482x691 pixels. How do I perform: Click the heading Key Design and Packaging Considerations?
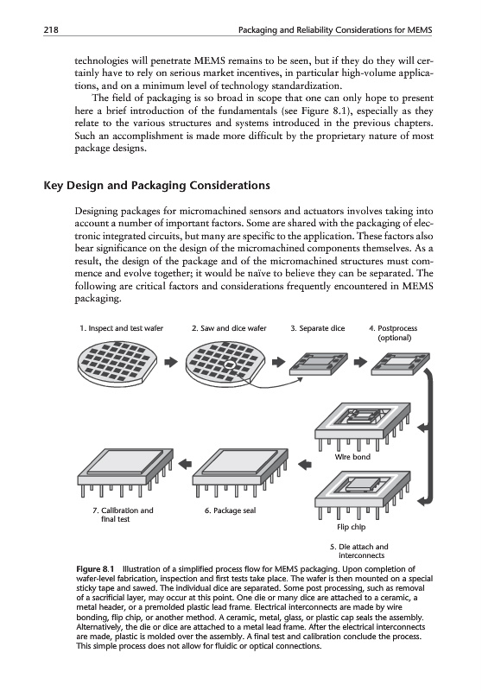(157, 186)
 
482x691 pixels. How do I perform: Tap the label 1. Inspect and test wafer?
(122, 328)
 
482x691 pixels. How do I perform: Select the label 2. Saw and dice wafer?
(229, 328)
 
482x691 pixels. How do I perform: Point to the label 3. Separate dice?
(318, 328)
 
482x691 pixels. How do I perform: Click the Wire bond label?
(352, 457)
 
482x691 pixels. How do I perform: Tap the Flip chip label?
(352, 527)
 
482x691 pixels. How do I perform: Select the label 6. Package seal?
(230, 510)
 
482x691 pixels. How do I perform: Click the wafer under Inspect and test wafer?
(117, 362)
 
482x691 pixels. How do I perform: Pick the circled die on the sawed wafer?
(229, 365)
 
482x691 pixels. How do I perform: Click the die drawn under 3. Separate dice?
(319, 364)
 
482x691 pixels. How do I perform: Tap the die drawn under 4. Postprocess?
(400, 364)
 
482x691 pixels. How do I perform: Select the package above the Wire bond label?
(363, 426)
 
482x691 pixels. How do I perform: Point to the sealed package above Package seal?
(240, 472)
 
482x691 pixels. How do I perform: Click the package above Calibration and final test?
(125, 472)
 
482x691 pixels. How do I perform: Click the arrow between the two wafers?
(171, 362)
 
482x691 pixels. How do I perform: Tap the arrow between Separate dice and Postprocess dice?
(360, 362)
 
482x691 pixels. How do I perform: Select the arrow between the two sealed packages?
(185, 463)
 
